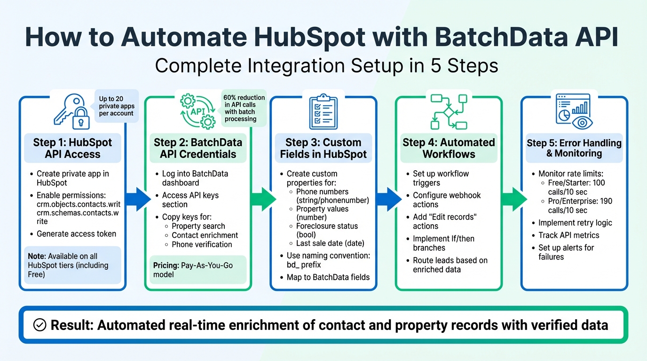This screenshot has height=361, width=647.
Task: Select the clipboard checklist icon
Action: point(323,111)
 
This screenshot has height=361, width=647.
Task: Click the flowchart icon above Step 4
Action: point(449,111)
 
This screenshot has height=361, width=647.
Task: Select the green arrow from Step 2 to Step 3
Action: point(263,198)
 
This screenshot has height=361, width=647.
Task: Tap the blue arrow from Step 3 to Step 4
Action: point(388,198)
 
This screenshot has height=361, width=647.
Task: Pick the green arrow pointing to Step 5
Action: point(513,198)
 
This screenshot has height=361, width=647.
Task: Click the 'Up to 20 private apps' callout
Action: point(116,106)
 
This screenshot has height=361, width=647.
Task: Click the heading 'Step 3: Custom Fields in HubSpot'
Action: point(323,148)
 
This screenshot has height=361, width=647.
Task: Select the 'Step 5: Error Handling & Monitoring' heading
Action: point(574,148)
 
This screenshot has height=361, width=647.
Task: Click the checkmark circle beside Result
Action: point(40,325)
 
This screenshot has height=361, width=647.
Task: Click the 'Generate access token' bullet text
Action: point(76,234)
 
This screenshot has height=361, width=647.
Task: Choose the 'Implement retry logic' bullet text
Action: point(575,223)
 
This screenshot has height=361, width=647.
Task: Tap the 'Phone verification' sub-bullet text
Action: point(202,244)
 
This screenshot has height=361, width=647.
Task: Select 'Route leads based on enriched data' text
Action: point(450,265)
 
